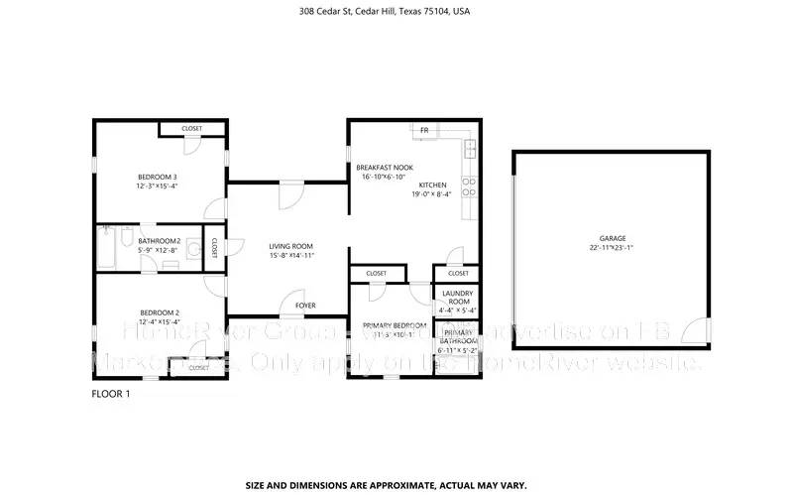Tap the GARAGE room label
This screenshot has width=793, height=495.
point(612,238)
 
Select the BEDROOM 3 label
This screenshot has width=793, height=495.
point(157,177)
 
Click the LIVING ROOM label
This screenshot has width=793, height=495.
point(291,246)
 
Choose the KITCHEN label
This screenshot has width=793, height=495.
point(432,186)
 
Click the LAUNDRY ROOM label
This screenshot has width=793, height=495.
point(457,297)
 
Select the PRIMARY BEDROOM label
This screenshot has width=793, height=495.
point(395,325)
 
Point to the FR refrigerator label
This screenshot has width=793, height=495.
point(424,130)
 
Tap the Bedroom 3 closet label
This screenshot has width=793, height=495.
point(192,129)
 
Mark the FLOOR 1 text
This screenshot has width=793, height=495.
point(110,393)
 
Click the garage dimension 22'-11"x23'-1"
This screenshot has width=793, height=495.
point(612,248)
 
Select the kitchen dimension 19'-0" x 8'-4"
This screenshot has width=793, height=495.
point(432,194)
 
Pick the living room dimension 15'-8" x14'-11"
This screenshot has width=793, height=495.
point(291,255)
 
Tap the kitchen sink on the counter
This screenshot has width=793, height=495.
point(470,149)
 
